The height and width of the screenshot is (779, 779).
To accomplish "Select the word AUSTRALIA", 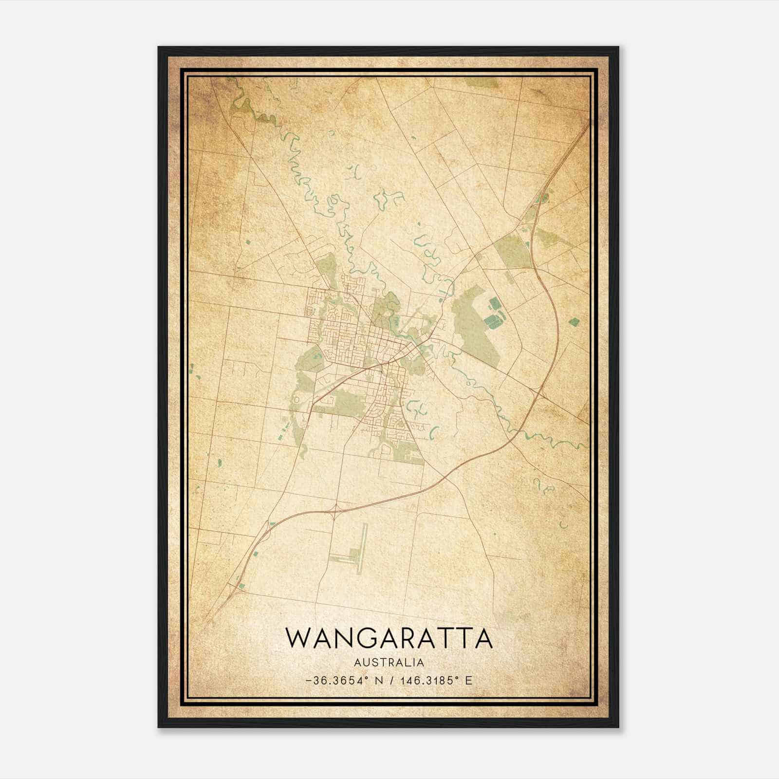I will pos(389,662).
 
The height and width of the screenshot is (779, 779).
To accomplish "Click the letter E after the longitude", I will pos(468,680).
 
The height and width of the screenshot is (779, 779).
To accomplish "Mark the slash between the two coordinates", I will pos(390,680).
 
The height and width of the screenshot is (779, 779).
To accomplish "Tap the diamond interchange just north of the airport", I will pos(334,510).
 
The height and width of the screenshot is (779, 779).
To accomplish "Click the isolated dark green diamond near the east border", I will pos(575,321).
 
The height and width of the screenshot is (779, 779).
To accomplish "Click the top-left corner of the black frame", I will pos(159,47).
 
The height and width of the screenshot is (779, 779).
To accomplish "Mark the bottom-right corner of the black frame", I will pos(618,727).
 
